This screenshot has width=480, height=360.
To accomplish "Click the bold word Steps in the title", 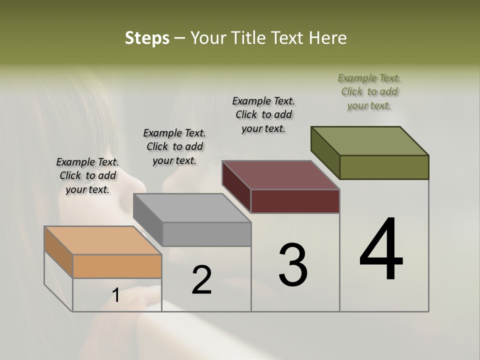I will tap(147, 38).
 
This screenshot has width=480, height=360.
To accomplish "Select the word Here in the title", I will tap(328, 38).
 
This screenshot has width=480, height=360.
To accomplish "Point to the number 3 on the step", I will tap(293, 265).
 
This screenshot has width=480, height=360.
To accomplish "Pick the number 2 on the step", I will tap(201, 280).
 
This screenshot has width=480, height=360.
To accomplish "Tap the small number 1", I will tap(115, 295).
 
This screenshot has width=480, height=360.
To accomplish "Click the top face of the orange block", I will tap(102, 240).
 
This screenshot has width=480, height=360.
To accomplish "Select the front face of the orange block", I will tap(117, 266).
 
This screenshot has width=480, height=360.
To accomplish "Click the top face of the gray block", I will tap(192, 208).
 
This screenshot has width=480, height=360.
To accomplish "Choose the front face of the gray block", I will tap(206, 234).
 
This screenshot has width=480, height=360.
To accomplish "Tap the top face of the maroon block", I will tap(281, 175).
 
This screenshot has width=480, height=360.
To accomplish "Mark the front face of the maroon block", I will tap(295, 201).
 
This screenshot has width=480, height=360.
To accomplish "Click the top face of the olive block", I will tap(370, 141).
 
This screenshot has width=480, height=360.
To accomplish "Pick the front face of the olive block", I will tap(384, 167).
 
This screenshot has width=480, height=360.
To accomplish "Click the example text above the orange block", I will tap(87, 175).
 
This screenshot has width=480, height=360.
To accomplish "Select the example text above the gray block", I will tap(174, 146).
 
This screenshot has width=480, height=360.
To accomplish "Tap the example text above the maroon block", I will tap(263, 114).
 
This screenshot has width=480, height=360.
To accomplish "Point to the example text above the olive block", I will tap(369, 91).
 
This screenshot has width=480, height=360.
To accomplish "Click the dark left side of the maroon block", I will tap(236, 186).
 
